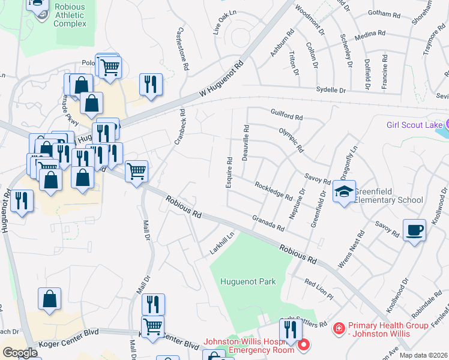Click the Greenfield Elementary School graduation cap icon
[344, 192]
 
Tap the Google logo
[20, 353]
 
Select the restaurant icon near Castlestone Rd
[151, 84]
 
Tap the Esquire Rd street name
[229, 172]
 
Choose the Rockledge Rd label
[273, 191]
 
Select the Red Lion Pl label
[318, 289]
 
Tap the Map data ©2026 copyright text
[423, 355]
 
